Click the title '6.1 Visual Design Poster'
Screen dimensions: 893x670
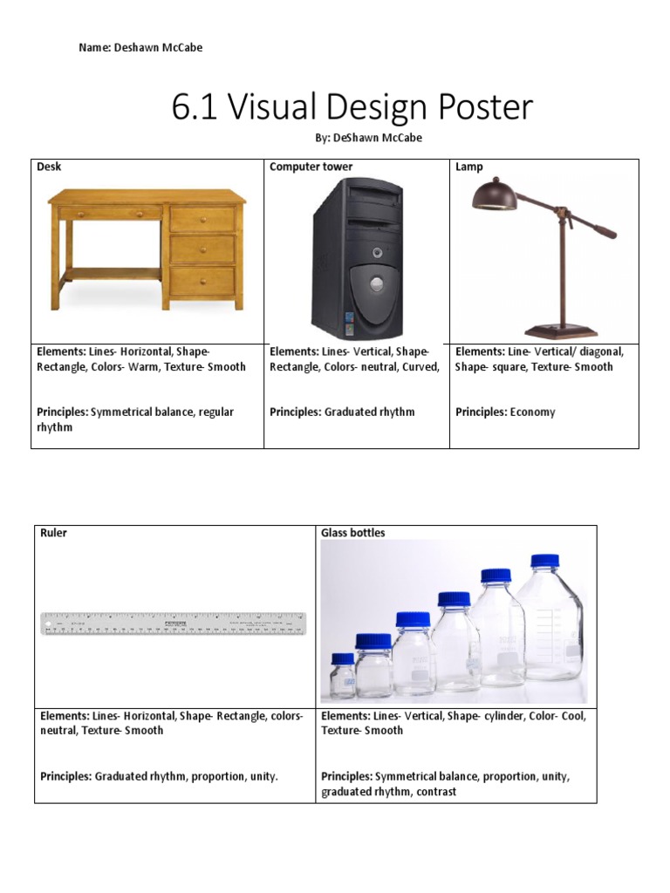coord(352,108)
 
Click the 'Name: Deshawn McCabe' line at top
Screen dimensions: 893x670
coord(140,48)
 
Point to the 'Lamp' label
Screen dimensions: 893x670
coord(468,167)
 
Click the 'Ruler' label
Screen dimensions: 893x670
coord(53,533)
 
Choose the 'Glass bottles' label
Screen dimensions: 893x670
coord(352,533)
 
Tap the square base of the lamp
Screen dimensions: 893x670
coord(561,331)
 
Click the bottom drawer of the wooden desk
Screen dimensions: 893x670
coord(202,281)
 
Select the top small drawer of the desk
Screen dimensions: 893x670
coord(202,218)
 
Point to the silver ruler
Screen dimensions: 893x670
coord(174,624)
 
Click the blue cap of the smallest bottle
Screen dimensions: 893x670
coord(343,658)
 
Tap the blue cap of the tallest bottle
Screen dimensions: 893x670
coord(544,561)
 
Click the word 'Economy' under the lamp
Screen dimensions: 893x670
coord(532,412)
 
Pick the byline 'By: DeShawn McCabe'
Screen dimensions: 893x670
coord(368,138)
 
